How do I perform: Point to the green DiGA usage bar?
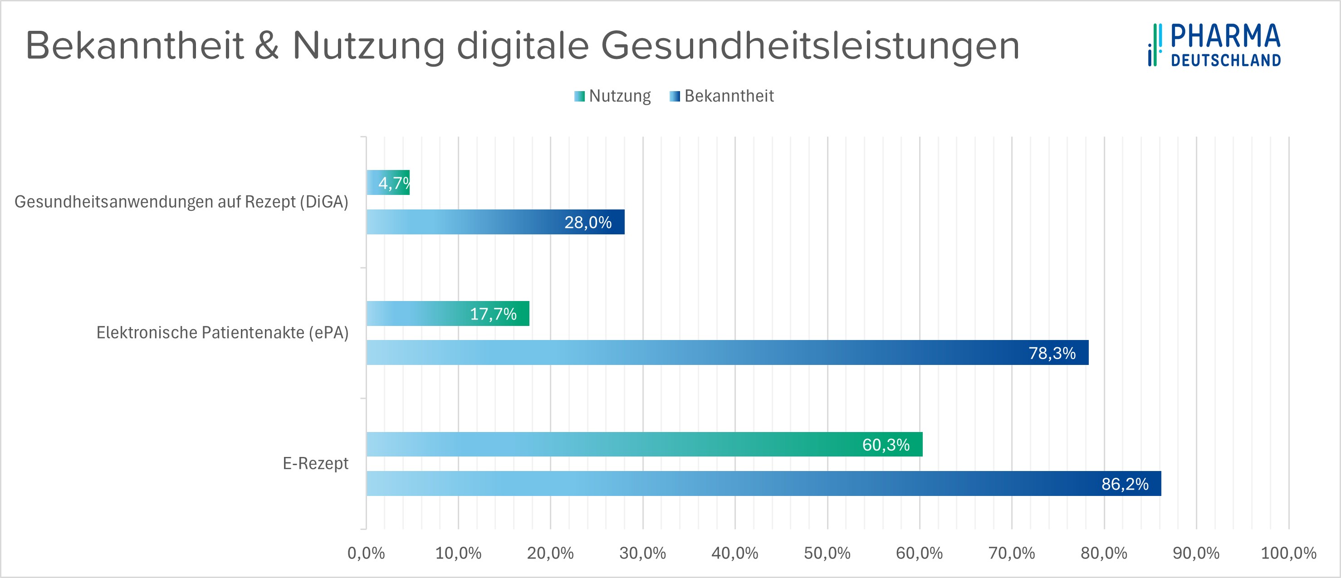coord(388,183)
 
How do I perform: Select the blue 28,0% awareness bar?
coord(495,222)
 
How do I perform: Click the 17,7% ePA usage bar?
coord(448,314)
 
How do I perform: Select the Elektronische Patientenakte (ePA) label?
coord(222,332)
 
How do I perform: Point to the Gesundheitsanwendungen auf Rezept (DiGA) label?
coord(181,202)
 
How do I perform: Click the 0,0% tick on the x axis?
coord(366,553)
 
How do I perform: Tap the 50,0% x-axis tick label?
coord(827,553)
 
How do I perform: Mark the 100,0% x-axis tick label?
coord(1288,553)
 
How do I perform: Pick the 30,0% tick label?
coord(642,553)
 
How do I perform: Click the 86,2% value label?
coord(1125,484)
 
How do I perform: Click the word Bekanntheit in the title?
coord(134,46)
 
